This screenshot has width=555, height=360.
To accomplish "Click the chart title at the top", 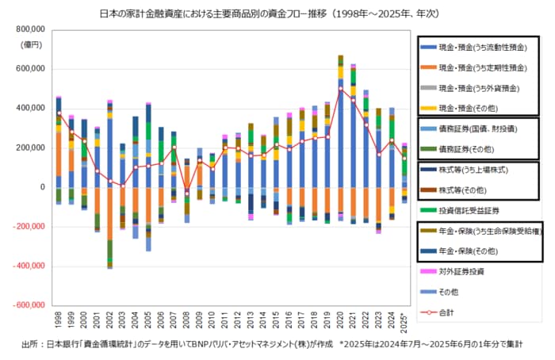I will pyautogui.click(x=277, y=13).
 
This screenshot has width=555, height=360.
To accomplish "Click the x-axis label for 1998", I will pyautogui.click(x=59, y=320).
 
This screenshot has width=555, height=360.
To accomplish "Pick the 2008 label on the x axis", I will pyautogui.click(x=187, y=320).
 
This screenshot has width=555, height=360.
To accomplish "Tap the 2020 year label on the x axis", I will pyautogui.click(x=341, y=320).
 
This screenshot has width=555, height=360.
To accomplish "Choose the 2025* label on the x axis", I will pyautogui.click(x=404, y=321).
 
